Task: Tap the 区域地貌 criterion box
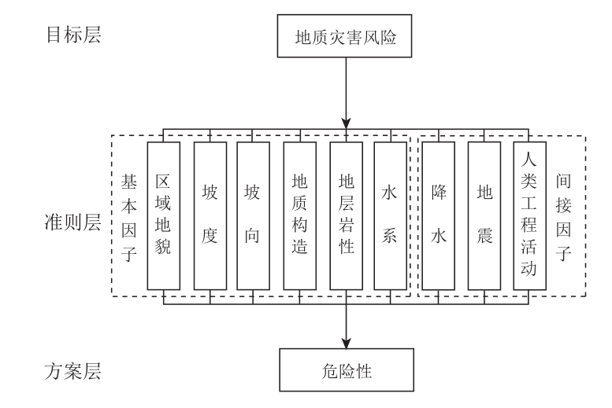[164, 215]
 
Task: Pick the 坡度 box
[210, 215]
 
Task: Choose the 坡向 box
[253, 215]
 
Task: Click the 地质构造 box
[299, 215]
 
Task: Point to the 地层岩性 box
[346, 215]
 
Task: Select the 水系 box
[391, 215]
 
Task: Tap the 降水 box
[438, 215]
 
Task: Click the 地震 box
[484, 215]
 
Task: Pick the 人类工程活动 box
[529, 215]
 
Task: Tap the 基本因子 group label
[128, 215]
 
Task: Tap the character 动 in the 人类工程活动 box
[529, 270]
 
